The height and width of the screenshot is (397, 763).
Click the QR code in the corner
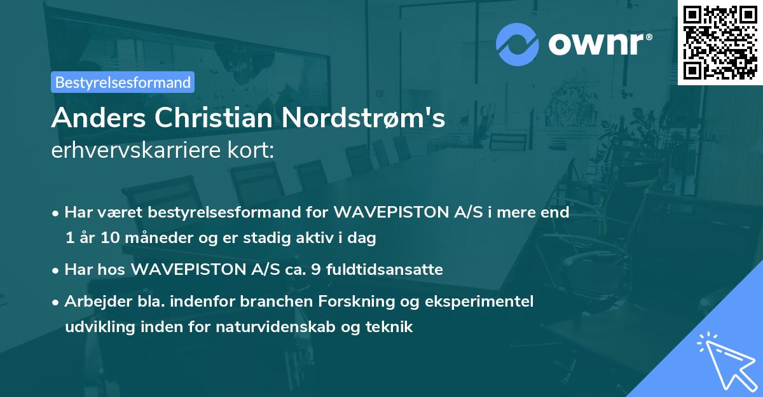pyautogui.click(x=720, y=42)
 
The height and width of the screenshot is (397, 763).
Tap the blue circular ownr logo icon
pyautogui.click(x=518, y=44)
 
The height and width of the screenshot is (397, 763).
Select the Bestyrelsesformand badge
pyautogui.click(x=123, y=82)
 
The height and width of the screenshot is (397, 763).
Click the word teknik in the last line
pyautogui.click(x=392, y=327)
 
